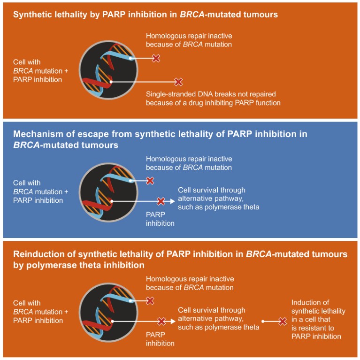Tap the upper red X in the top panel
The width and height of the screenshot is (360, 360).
click(x=156, y=58)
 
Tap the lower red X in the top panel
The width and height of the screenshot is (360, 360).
click(x=178, y=82)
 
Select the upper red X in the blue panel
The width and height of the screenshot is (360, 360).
click(x=150, y=181)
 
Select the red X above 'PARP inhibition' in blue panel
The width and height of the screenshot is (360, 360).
click(x=161, y=201)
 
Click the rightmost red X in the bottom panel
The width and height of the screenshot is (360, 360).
click(x=283, y=322)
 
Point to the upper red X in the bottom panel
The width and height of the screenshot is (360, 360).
click(x=150, y=301)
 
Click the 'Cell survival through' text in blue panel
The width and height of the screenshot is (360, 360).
click(x=211, y=191)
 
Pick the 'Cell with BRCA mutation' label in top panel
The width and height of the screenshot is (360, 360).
click(x=38, y=71)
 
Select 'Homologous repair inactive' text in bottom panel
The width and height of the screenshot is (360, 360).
click(x=189, y=279)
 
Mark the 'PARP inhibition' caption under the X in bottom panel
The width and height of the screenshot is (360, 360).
click(x=160, y=339)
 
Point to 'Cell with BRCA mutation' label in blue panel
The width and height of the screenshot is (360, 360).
click(x=38, y=191)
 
